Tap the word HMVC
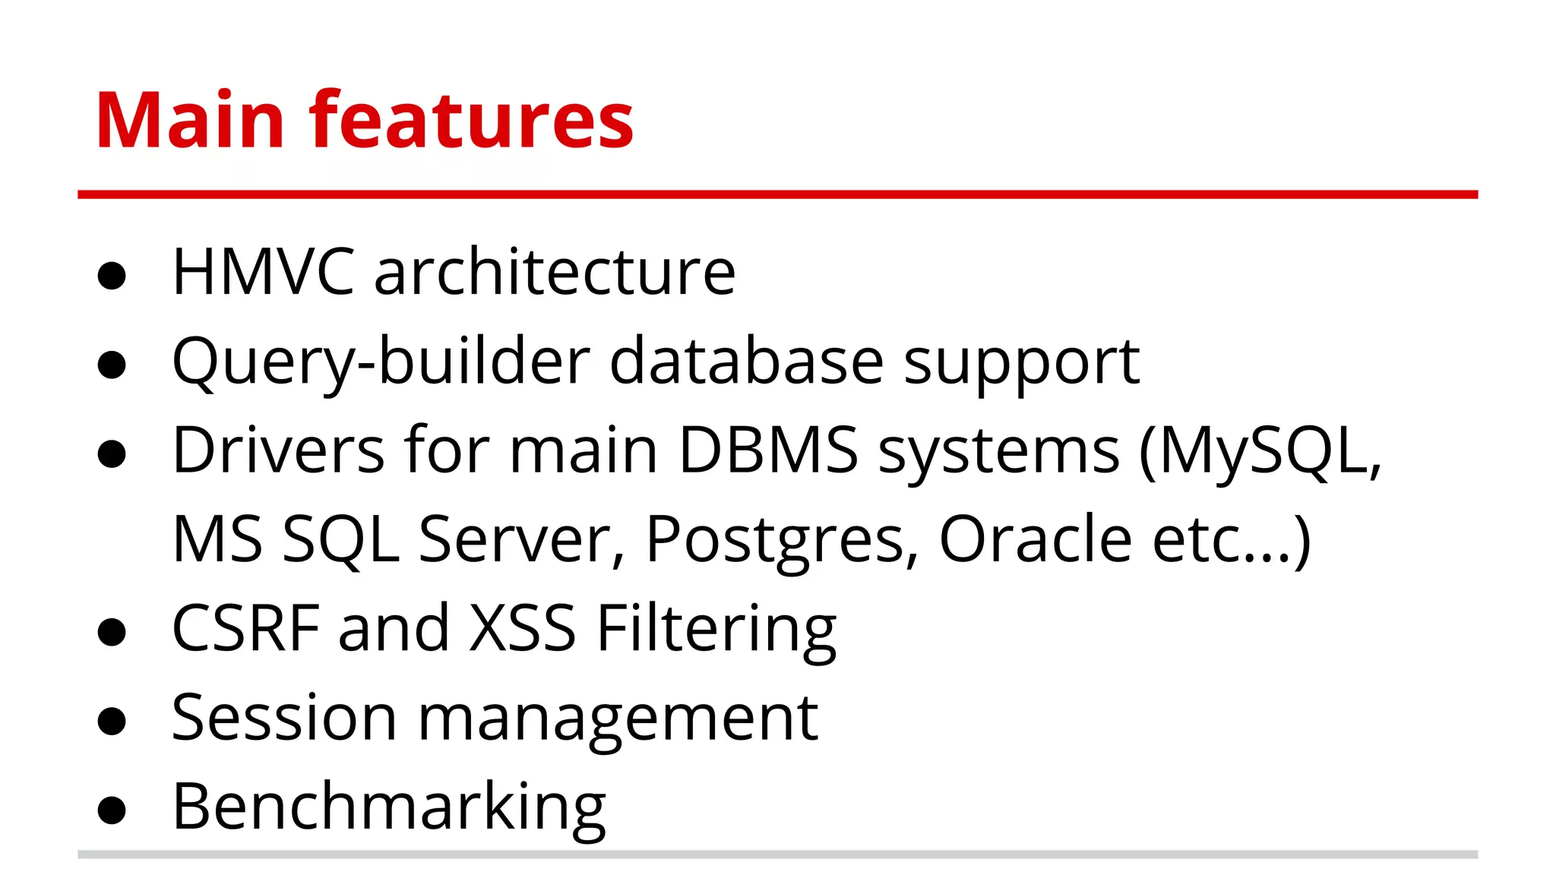pyautogui.click(x=263, y=272)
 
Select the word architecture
pyautogui.click(x=555, y=272)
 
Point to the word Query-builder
pyautogui.click(x=381, y=362)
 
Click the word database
pyautogui.click(x=746, y=362)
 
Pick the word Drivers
pyautogui.click(x=278, y=450)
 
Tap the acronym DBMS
pyautogui.click(x=768, y=450)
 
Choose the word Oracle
pyautogui.click(x=1036, y=539)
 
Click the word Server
pyautogui.click(x=522, y=539)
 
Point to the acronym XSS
pyautogui.click(x=523, y=628)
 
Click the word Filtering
pyautogui.click(x=716, y=630)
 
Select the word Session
pyautogui.click(x=284, y=718)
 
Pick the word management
pyautogui.click(x=618, y=719)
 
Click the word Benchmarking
pyautogui.click(x=389, y=807)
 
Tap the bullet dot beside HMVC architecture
pyautogui.click(x=112, y=276)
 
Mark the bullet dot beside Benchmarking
pyautogui.click(x=112, y=810)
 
